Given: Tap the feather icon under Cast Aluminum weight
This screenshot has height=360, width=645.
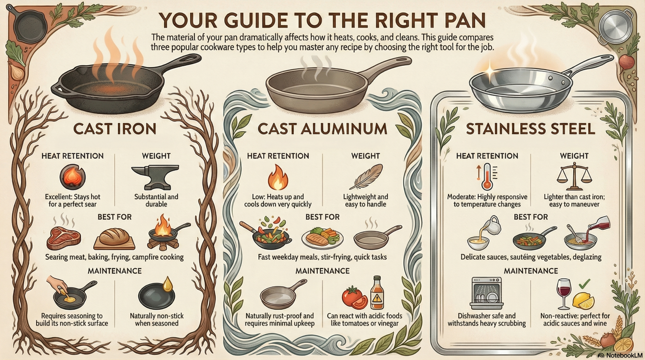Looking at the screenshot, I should click(366, 177).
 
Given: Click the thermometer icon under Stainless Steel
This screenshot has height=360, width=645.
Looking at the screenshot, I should click(487, 177).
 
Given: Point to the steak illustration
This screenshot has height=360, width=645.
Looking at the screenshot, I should click(64, 238).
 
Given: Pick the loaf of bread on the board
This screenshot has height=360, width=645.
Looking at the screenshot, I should click(114, 238).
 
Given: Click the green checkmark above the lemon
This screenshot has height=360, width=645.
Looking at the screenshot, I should click(584, 284).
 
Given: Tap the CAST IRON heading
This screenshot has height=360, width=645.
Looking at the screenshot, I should click(114, 129).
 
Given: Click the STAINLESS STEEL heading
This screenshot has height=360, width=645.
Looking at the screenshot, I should click(531, 129).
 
